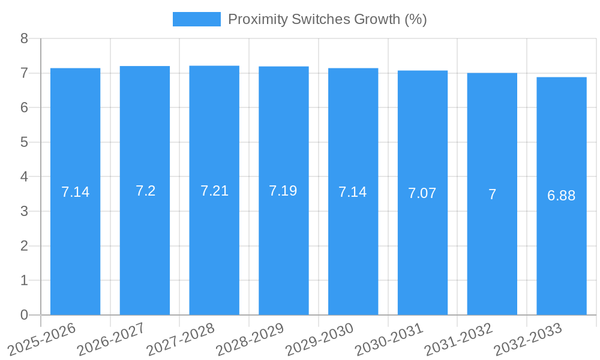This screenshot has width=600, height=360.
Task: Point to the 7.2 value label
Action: [x=145, y=191]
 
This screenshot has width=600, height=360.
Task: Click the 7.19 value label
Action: [x=283, y=191]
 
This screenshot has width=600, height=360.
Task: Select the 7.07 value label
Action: [x=422, y=193]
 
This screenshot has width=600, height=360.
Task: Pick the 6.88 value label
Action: [x=562, y=196]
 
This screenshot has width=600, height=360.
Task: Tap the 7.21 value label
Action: [x=214, y=191]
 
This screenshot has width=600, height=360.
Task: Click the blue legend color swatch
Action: [x=196, y=19]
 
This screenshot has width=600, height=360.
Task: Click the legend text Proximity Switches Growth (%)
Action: [x=327, y=19]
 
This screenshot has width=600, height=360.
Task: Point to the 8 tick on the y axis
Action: [x=25, y=38]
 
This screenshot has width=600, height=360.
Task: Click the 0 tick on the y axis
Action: [x=25, y=315]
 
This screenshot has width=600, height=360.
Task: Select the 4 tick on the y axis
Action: [x=25, y=177]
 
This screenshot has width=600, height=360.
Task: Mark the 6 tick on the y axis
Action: [x=25, y=108]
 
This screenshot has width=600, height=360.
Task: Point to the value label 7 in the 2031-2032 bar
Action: [x=492, y=194]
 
